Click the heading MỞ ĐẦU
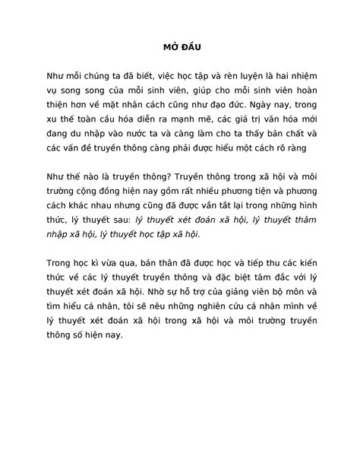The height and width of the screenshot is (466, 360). [x=179, y=44]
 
